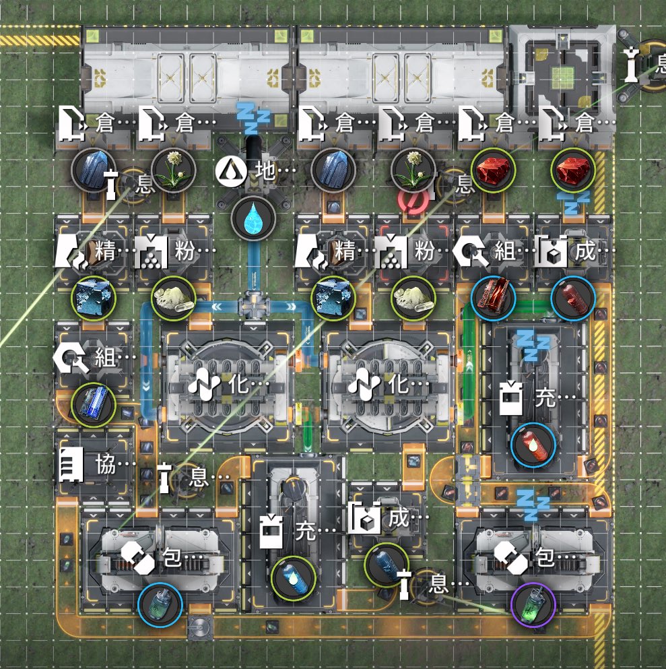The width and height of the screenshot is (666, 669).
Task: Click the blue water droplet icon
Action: tap(253, 218)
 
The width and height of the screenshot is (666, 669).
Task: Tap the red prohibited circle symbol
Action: tap(413, 201)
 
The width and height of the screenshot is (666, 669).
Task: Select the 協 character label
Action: tap(106, 464)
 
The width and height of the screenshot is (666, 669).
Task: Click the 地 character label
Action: tap(265, 170)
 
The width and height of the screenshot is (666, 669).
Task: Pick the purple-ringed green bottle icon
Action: tap(533, 604)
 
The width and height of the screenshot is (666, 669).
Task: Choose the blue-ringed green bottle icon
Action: tap(160, 604)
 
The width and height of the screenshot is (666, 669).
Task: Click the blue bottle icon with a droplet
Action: tap(294, 578)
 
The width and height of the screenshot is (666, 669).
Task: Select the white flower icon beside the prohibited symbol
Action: tap(413, 170)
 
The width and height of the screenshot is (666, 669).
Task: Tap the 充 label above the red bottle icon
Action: tap(545, 397)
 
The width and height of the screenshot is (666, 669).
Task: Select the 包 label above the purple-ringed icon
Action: tap(545, 556)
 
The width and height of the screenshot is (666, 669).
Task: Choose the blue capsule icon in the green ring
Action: tap(387, 565)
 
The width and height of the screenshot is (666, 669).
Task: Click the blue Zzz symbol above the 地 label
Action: tap(253, 117)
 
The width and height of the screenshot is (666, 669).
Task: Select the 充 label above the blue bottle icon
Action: tap(306, 531)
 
